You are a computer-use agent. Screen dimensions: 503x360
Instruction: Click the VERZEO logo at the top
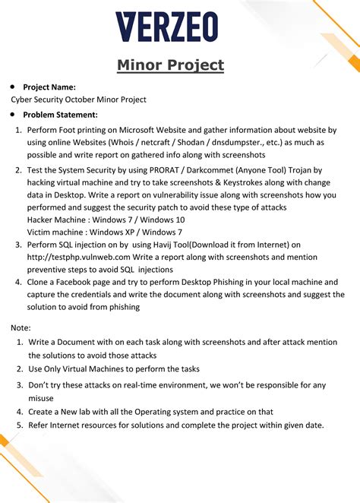[x=166, y=27]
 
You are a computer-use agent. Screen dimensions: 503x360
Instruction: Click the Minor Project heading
[x=171, y=65]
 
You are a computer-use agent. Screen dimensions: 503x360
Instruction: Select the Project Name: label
[x=49, y=87]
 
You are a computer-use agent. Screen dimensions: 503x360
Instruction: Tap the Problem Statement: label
[x=60, y=115]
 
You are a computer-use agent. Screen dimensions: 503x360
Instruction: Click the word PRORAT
[x=165, y=171]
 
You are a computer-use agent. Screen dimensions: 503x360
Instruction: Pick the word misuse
[x=41, y=398]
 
